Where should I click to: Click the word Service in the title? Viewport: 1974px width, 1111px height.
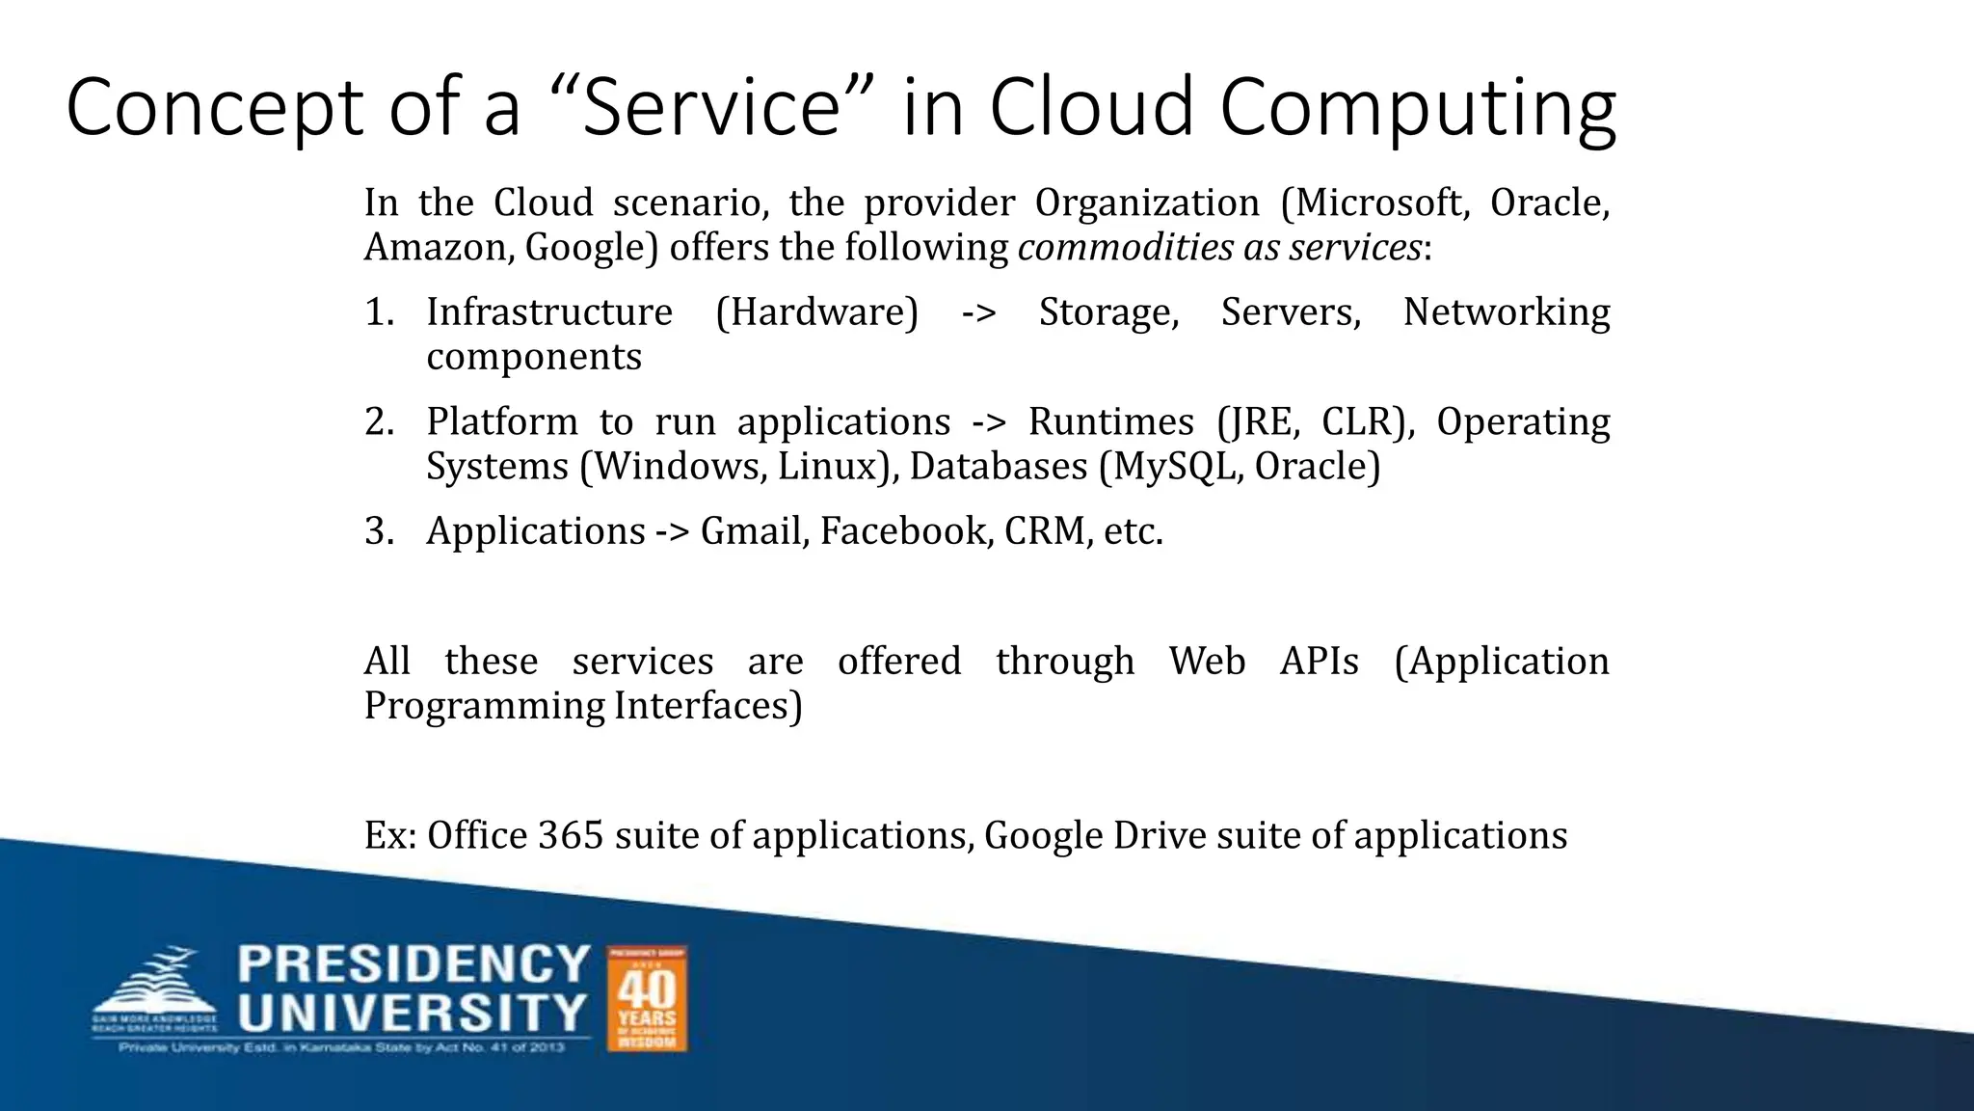click(712, 107)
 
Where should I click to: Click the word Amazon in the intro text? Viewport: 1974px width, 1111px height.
click(439, 248)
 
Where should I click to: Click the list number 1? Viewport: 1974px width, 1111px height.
click(378, 312)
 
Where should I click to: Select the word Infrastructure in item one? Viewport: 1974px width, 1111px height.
click(549, 312)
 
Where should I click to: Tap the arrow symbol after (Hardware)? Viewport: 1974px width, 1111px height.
click(978, 312)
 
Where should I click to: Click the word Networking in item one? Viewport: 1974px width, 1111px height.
click(1506, 312)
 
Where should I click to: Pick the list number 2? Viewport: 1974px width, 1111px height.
click(378, 422)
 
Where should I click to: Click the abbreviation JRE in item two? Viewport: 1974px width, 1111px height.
click(1257, 422)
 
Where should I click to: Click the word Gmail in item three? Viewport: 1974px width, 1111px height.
click(754, 531)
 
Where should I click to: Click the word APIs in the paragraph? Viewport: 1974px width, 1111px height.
click(1319, 662)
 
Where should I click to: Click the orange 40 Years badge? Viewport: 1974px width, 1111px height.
click(647, 998)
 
